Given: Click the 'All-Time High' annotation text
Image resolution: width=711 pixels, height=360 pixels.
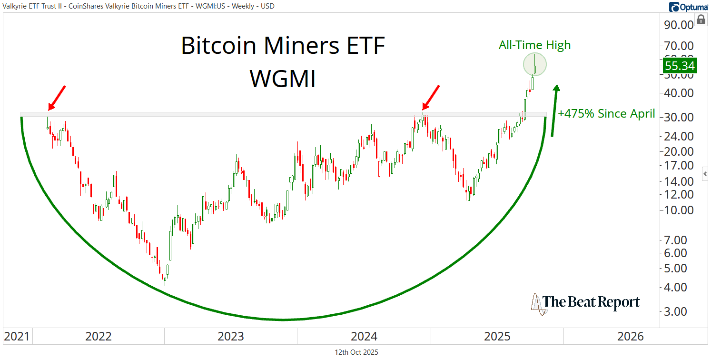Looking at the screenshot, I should coord(534,45).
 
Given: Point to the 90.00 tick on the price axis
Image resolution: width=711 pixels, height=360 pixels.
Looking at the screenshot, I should coord(679,25).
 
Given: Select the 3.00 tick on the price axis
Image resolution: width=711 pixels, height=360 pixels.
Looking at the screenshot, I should coord(679,311).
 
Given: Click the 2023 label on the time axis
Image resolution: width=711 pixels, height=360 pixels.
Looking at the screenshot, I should coord(231,337).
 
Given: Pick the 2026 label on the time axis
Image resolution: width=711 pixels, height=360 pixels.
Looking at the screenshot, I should coord(631,337).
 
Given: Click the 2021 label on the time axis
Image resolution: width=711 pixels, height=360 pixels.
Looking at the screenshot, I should coord(16,337).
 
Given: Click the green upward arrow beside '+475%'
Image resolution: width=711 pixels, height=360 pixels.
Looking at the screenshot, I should coord(554,110).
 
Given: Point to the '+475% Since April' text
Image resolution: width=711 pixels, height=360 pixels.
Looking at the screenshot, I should coord(606,114).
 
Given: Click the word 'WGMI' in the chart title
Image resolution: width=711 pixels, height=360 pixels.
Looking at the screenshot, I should coord(283,79).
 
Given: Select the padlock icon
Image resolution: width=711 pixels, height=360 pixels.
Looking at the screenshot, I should coord(701,19).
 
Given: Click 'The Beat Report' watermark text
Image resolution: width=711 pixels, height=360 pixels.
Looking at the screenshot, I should coord(592,302).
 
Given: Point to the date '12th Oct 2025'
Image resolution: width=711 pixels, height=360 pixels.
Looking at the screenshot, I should coord(356,352).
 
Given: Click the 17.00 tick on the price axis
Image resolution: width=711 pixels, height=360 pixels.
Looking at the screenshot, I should coord(679,166).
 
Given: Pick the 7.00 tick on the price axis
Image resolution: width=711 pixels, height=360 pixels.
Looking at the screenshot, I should coord(679,240).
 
